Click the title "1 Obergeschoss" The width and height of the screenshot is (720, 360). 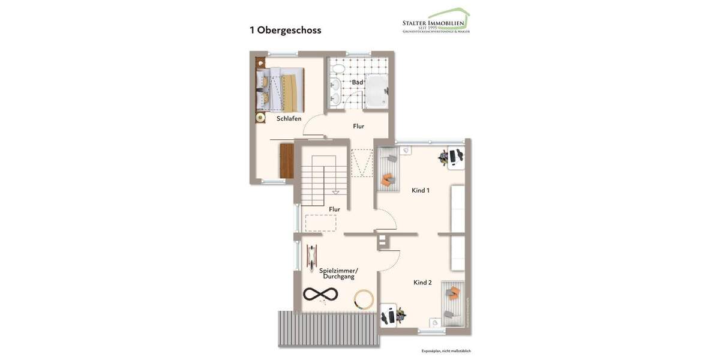(x=286, y=30)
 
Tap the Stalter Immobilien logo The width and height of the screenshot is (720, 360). (x=436, y=22)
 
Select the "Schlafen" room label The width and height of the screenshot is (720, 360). (x=289, y=119)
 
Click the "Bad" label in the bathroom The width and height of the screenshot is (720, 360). (x=357, y=82)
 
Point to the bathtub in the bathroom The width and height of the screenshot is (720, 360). (x=377, y=92)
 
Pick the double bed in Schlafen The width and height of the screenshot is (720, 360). (x=281, y=89)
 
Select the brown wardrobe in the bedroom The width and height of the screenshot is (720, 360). (x=287, y=161)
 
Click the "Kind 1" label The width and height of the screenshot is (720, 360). (x=420, y=190)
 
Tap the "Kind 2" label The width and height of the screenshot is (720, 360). (x=422, y=282)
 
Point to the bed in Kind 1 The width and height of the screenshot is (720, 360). (x=388, y=169)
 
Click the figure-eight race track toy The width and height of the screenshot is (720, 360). (x=320, y=294)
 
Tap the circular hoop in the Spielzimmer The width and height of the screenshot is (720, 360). (x=364, y=299)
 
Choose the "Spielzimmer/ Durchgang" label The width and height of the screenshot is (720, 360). (x=338, y=274)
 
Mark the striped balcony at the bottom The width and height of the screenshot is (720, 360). (x=329, y=329)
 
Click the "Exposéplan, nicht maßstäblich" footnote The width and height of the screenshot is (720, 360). (x=446, y=351)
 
